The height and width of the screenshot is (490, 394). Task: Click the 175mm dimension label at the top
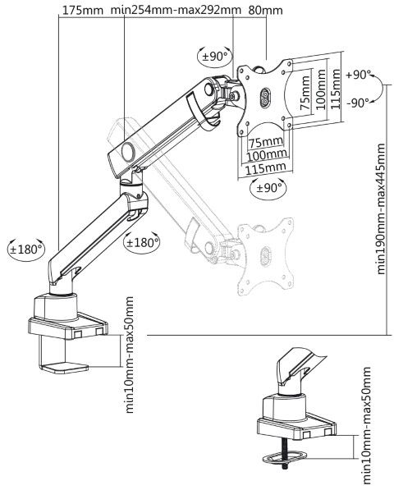coord(82,11)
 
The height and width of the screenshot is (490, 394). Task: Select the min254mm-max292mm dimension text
coord(176,10)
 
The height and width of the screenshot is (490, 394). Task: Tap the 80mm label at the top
coord(266,11)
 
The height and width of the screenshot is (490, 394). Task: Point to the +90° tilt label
coord(359,75)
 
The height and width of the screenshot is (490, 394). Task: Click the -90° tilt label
coord(358,103)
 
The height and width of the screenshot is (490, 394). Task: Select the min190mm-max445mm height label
coord(381,208)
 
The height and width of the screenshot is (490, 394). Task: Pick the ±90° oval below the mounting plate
coord(269,188)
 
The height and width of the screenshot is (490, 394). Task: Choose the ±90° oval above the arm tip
coord(215,57)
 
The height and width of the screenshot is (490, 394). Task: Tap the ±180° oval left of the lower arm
coord(26,249)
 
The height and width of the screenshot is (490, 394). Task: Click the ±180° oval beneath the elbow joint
coord(141,242)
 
